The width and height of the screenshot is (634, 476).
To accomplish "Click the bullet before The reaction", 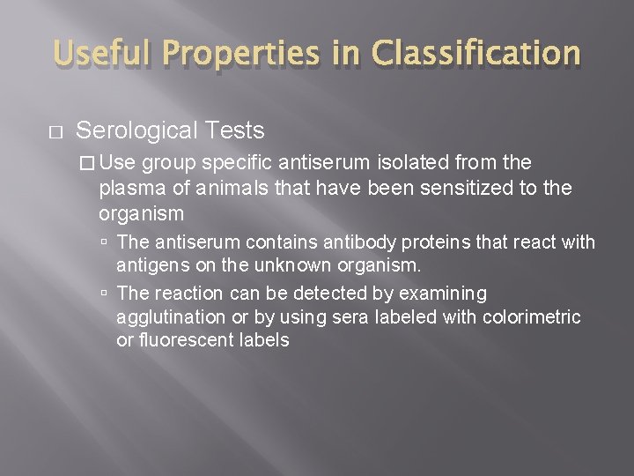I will point(105,294).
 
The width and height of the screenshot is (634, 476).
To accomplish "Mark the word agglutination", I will point(170,316).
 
